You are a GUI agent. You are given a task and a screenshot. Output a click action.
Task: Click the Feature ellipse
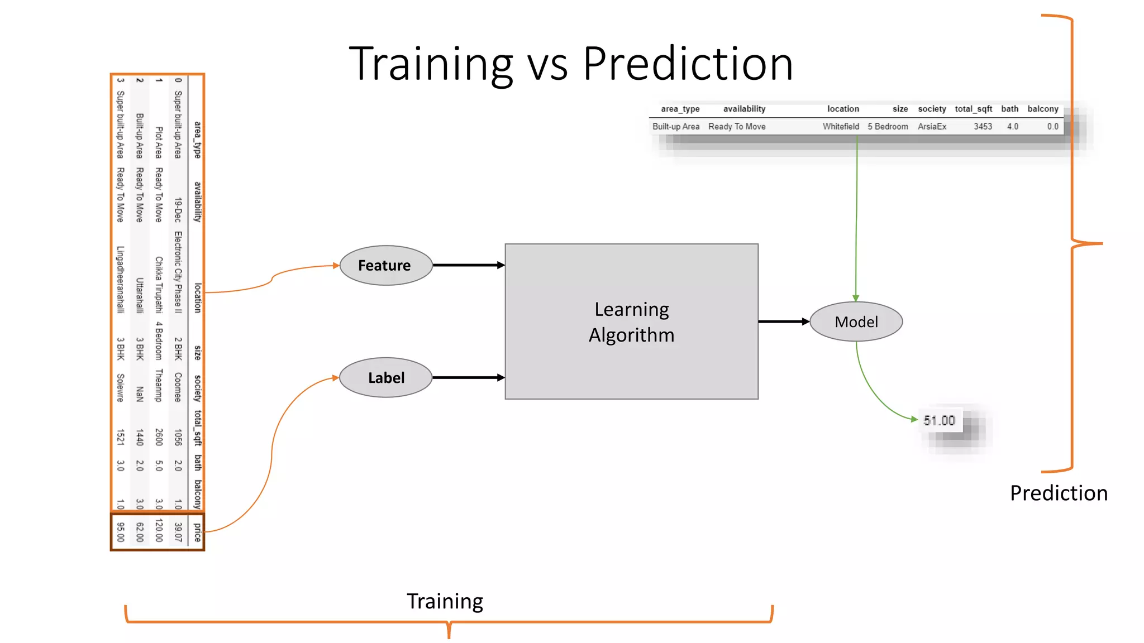385,266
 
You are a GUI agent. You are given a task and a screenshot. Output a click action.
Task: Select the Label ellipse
385,378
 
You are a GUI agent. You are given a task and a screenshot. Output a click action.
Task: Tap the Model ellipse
856,322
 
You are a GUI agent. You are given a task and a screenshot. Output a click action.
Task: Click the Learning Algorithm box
631,322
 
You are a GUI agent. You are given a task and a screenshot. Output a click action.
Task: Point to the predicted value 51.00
939,420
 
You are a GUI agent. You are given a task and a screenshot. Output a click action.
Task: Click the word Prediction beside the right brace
1059,493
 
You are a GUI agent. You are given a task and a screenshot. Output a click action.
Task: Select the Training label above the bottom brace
445,601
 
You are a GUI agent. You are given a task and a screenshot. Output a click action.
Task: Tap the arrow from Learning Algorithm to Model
783,321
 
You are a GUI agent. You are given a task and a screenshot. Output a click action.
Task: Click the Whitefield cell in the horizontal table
841,127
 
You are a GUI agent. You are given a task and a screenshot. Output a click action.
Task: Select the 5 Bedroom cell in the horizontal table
888,127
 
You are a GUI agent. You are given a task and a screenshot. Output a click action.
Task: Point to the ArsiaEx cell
932,127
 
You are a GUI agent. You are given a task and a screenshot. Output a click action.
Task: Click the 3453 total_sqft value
983,127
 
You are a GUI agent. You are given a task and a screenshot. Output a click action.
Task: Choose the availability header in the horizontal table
744,109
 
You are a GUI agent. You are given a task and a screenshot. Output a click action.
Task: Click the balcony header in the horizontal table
1042,109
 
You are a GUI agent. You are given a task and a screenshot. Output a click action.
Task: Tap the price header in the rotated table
197,532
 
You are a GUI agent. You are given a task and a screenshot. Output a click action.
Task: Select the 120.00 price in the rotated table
159,531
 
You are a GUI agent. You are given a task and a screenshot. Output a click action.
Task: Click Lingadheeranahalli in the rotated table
120,279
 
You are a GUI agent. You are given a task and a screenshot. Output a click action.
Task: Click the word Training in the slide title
431,64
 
